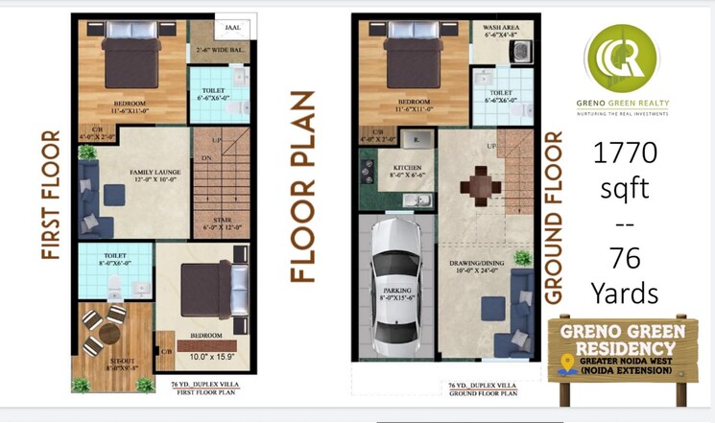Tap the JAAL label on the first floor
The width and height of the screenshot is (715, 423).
233,30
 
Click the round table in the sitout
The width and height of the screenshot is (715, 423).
102,329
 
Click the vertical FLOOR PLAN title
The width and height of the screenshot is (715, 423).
302,186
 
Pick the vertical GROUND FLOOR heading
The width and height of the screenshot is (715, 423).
554,217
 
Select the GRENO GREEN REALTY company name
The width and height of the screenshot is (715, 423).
625,104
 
